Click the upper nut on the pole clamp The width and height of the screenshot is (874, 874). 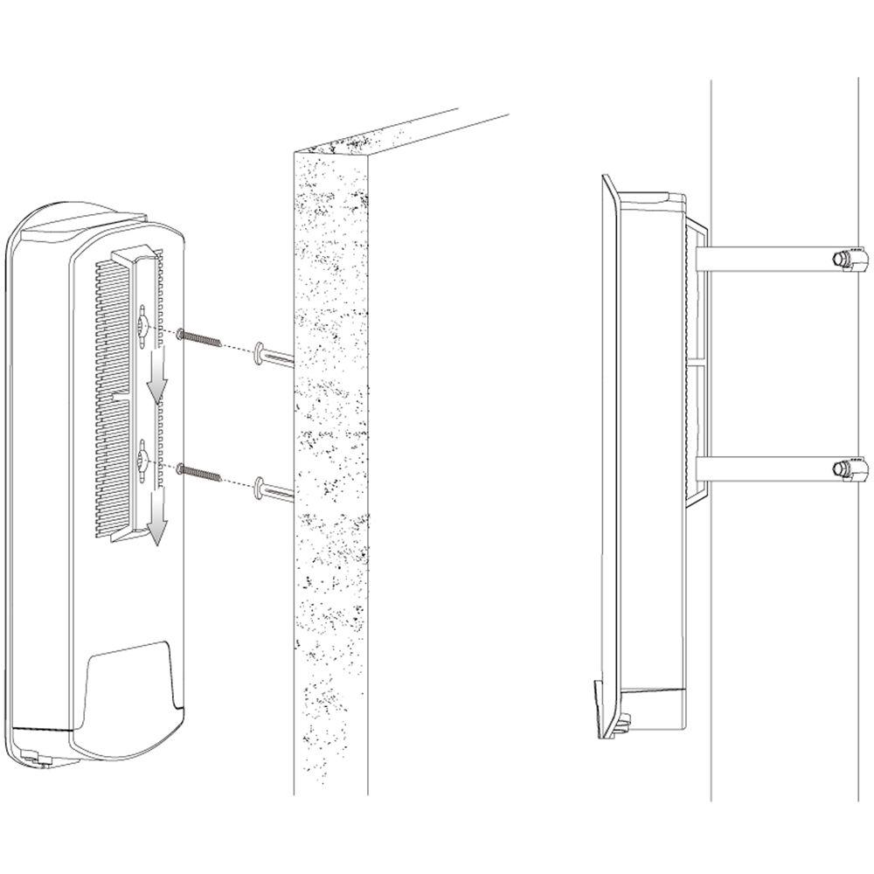pos(842,259)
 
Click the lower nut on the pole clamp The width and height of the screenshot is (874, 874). pos(842,470)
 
